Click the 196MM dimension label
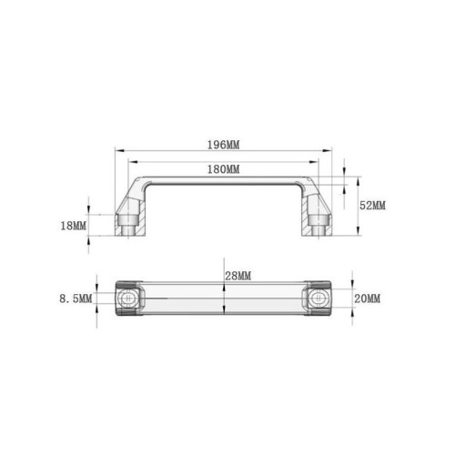[223, 145]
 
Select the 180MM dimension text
[223, 169]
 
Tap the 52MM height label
[372, 206]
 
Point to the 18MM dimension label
[74, 226]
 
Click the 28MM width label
[238, 276]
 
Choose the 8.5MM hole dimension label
[76, 299]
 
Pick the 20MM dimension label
[367, 299]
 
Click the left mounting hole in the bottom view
[127, 299]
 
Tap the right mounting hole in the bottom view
[318, 299]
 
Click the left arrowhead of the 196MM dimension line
[119, 150]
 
